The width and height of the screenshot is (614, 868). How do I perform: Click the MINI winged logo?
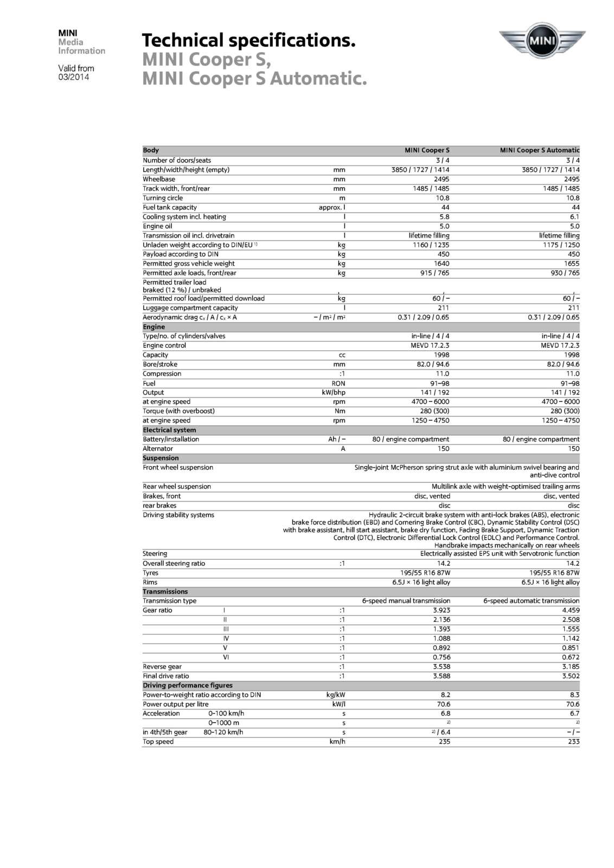tap(542, 41)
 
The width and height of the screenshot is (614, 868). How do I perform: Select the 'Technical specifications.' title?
tap(248, 40)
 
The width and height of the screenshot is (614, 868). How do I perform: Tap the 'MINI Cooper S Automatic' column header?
tap(539, 150)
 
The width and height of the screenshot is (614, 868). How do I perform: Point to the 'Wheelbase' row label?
tap(159, 179)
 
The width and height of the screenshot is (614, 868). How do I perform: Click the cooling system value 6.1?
tap(574, 216)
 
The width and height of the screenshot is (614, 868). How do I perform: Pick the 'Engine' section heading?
tap(154, 327)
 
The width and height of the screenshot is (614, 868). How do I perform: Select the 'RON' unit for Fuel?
tap(338, 383)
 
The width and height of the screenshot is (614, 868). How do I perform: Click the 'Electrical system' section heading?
tap(169, 430)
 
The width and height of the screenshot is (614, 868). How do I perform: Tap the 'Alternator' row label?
tap(158, 449)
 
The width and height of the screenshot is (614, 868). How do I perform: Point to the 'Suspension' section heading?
tap(161, 458)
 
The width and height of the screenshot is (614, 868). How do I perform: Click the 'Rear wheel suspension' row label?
tap(177, 487)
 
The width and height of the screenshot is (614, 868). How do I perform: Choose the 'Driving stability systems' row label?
tap(178, 515)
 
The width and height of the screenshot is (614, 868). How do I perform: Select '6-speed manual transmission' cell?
tap(406, 601)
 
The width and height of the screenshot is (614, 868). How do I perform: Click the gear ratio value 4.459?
tap(571, 610)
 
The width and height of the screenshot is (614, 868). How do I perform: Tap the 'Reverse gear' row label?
tap(162, 667)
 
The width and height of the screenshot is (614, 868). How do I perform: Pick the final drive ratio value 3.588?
tap(442, 676)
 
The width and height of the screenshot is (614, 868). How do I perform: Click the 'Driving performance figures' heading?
tap(188, 685)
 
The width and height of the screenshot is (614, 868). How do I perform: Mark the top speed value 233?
tap(573, 742)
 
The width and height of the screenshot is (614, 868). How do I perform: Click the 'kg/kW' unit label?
tap(336, 695)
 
